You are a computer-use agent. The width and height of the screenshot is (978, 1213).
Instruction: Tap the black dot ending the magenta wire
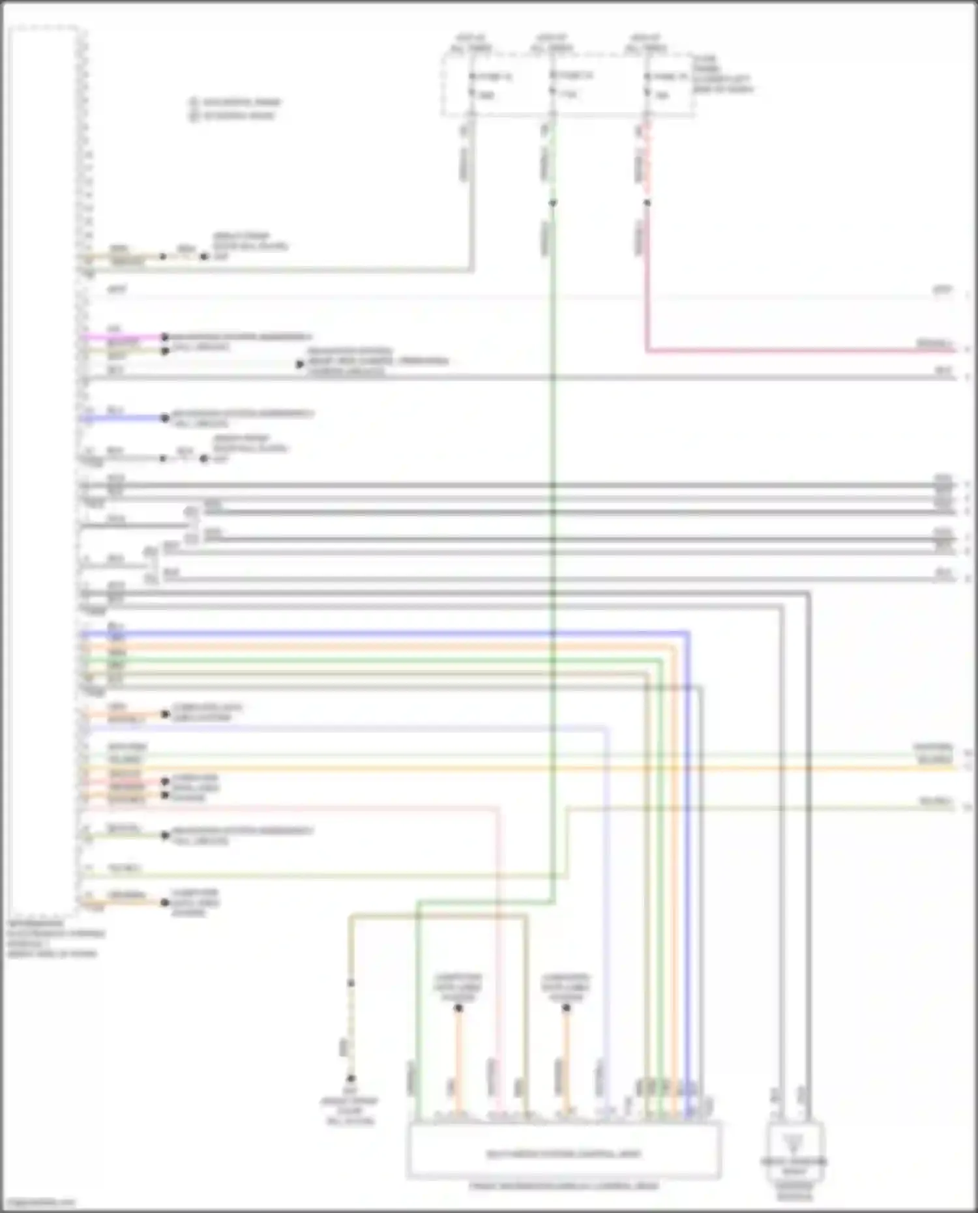point(165,337)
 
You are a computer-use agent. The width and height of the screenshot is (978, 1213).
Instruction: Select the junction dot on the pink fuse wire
point(647,203)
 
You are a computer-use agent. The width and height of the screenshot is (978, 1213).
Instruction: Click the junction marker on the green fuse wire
point(552,203)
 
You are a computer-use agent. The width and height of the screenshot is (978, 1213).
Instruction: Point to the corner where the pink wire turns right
point(647,351)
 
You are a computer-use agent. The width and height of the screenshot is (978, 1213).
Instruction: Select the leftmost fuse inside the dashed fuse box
point(472,85)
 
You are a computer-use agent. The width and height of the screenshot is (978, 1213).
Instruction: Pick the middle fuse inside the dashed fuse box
point(552,84)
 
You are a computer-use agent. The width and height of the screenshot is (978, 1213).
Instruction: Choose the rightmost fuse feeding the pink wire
point(647,85)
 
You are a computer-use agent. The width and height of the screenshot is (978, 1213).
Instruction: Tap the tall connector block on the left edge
point(43,469)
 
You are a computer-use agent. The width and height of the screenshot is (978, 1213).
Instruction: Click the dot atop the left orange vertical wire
point(458,1008)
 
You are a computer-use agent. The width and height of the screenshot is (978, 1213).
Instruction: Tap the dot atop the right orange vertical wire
point(566,1008)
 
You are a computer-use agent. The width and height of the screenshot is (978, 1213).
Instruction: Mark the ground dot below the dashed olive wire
point(351,1079)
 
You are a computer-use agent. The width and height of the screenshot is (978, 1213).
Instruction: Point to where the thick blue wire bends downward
point(687,633)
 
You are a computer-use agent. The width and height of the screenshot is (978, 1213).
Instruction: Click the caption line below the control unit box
point(564,1186)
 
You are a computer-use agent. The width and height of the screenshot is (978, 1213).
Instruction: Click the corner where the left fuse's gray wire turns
point(472,269)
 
